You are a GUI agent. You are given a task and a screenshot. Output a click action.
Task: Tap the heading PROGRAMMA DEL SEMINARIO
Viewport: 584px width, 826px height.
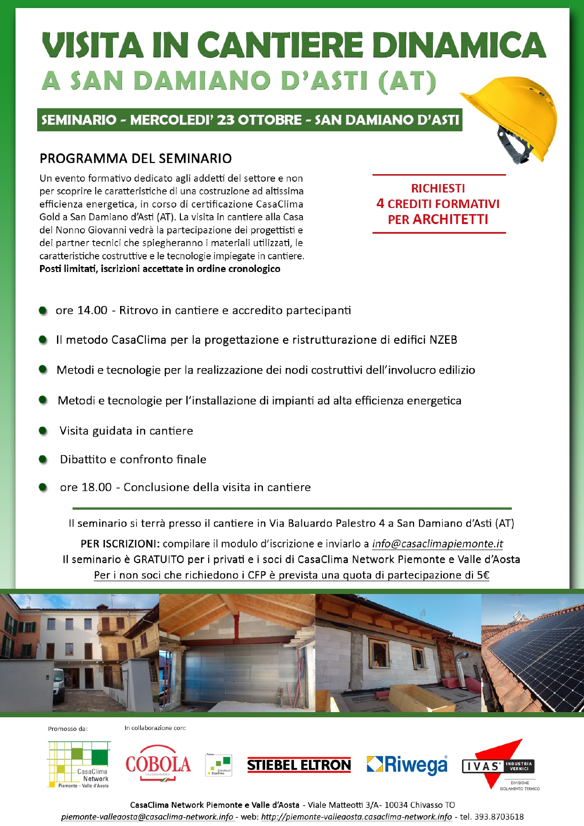click(136, 159)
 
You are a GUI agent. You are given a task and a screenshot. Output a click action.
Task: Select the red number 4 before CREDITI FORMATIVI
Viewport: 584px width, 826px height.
click(380, 204)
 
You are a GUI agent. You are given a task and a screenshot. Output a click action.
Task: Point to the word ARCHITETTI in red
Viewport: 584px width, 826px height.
click(450, 220)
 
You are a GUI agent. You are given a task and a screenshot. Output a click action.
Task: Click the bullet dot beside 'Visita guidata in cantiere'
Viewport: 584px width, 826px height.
click(43, 431)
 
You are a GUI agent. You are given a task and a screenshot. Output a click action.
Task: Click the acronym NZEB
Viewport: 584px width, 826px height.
click(443, 340)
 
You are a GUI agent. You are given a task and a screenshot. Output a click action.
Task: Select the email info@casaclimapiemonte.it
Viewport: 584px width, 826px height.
click(438, 544)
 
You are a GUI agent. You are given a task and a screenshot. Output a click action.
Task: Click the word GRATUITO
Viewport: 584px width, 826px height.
click(159, 560)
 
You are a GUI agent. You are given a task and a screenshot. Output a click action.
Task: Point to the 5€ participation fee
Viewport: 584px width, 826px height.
click(483, 575)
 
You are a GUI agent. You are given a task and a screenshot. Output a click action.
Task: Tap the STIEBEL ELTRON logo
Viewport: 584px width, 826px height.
click(299, 765)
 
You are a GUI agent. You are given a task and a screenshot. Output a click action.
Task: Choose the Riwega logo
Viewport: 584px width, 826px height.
click(407, 765)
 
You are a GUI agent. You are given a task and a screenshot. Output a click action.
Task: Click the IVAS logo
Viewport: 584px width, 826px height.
click(499, 765)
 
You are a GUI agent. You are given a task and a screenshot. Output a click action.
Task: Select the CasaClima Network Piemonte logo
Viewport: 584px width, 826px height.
click(79, 764)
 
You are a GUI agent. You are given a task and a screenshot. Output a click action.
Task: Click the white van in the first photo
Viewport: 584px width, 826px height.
click(59, 685)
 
